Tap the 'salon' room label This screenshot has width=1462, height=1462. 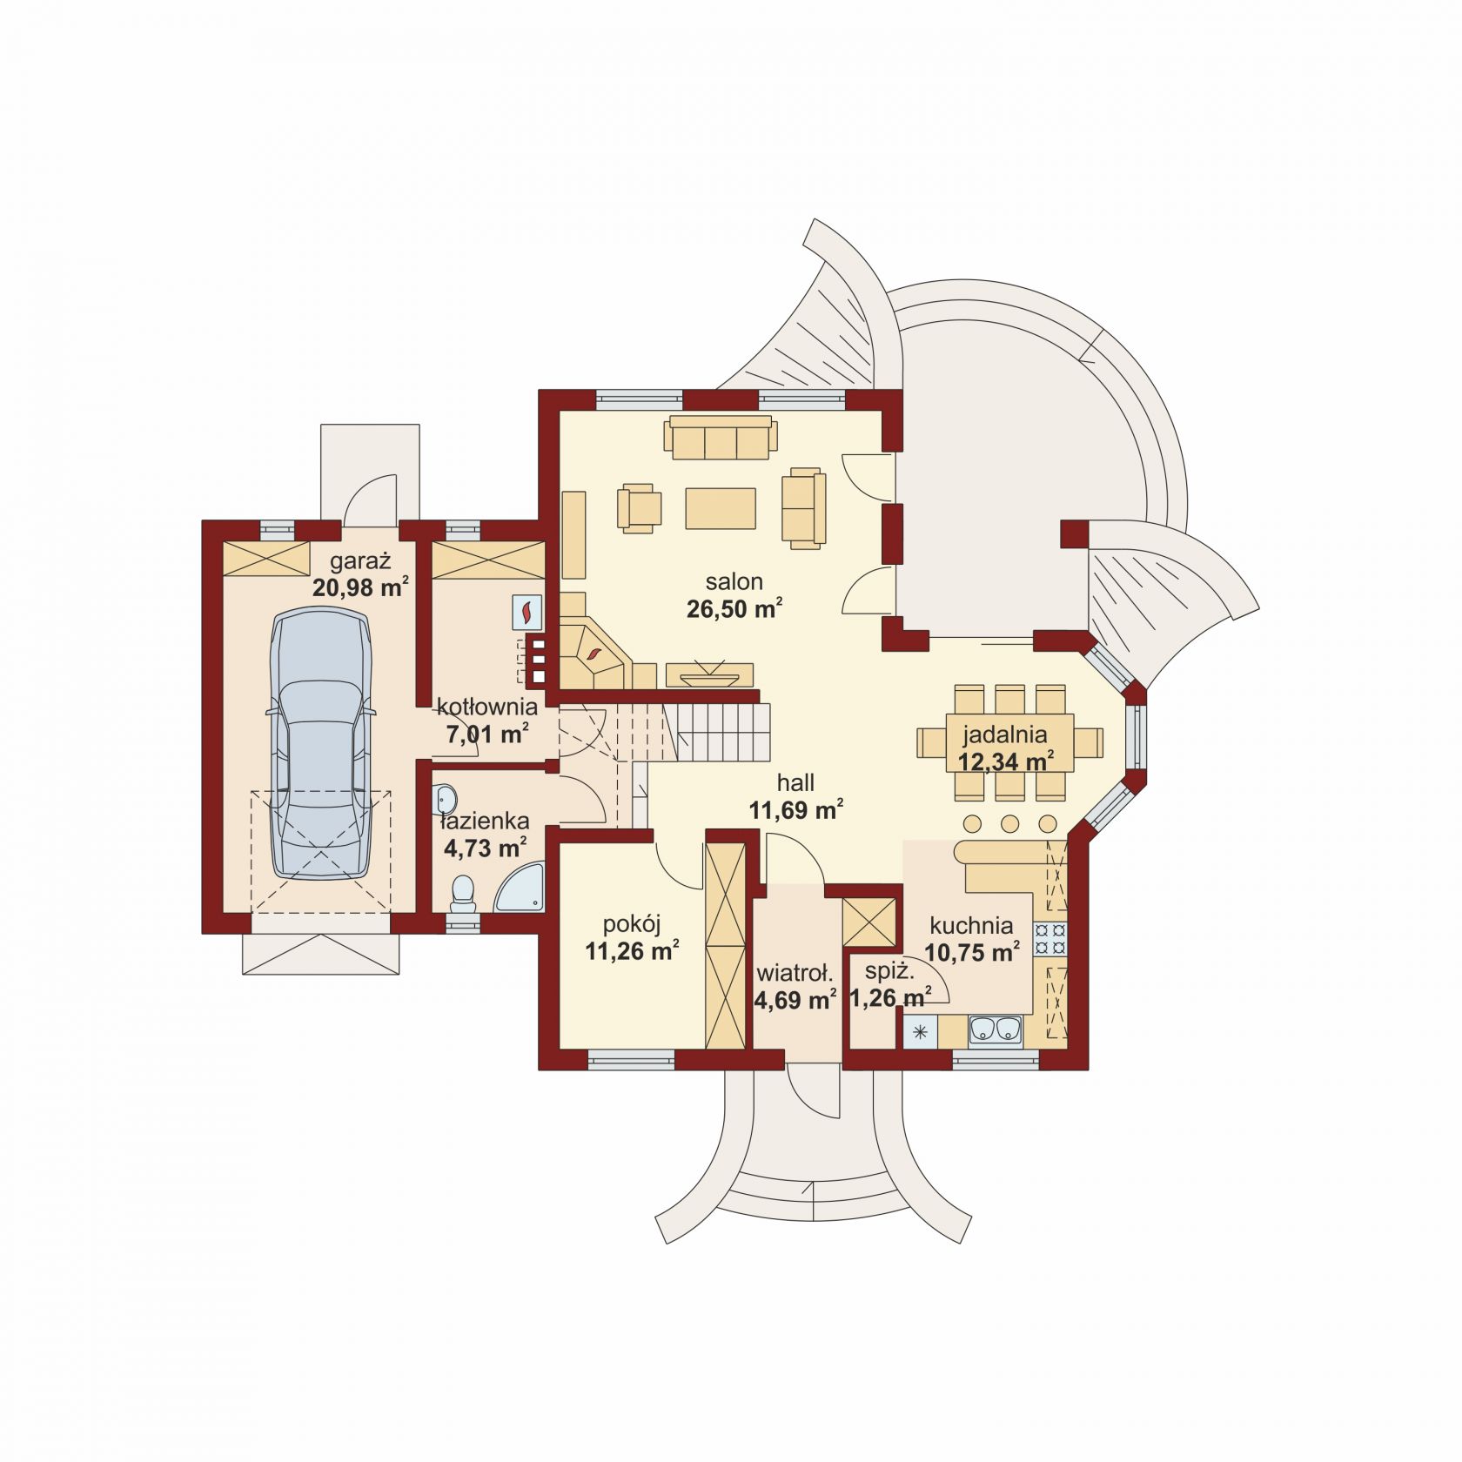point(734,581)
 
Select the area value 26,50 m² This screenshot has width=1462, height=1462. point(734,608)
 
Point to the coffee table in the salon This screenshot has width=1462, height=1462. point(721,508)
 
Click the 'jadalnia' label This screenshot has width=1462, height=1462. point(1004,735)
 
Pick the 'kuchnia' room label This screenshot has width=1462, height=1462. point(971,925)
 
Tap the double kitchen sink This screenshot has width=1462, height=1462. point(996,1029)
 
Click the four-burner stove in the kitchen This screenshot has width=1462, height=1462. point(1050,939)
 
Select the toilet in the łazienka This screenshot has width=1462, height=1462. point(462,893)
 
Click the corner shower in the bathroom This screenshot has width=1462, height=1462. point(520,888)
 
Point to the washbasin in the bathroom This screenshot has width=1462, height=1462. point(446,796)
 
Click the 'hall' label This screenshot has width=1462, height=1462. point(795,782)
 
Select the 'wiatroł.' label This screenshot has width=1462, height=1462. point(795,972)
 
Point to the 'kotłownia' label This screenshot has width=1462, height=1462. point(486,706)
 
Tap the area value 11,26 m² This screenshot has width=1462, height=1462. point(632,951)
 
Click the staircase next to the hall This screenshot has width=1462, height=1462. point(696,731)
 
